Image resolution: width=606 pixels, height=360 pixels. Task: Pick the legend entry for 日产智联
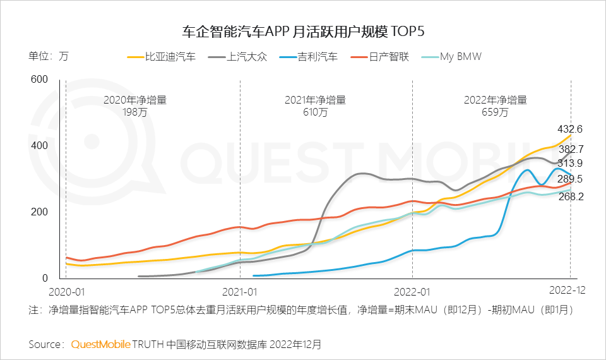click(x=388, y=57)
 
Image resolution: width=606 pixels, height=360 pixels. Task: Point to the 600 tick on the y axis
click(x=39, y=79)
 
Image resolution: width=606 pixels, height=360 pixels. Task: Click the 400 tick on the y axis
click(x=39, y=145)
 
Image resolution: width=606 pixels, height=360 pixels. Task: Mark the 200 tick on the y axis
click(x=39, y=212)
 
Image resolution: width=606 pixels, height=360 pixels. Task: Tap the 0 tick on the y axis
click(x=44, y=279)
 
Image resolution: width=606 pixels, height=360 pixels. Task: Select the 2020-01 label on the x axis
click(x=67, y=292)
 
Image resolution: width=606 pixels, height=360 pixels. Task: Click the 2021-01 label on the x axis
click(x=241, y=292)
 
